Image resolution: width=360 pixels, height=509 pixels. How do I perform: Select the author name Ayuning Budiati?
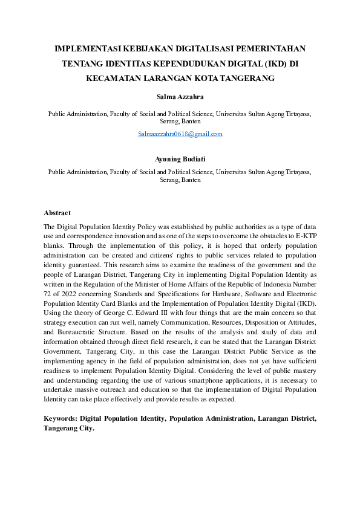pos(180,160)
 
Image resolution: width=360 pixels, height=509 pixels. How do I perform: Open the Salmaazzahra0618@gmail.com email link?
pos(180,134)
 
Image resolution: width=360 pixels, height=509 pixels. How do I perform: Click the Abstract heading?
pos(57,213)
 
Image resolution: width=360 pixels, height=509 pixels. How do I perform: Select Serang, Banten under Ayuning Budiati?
pos(180,180)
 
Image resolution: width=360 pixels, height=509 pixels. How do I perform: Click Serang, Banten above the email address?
pos(180,121)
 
